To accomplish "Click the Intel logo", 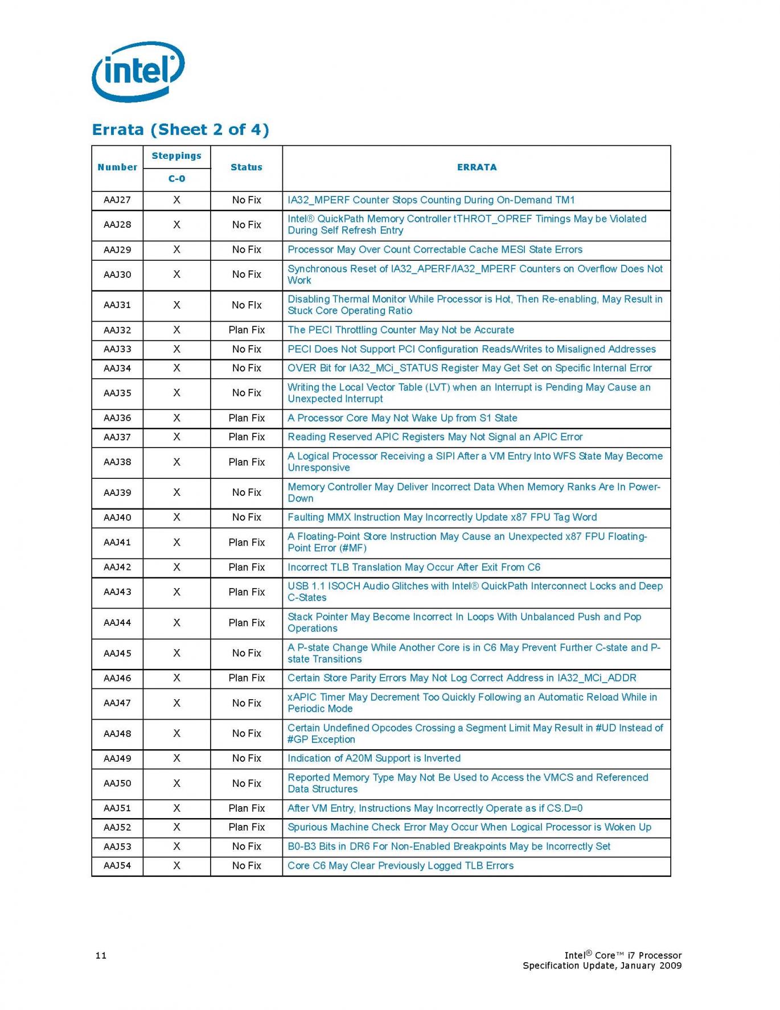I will click(138, 71).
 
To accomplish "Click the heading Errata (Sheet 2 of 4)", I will click(180, 130).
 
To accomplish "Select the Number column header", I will click(117, 167).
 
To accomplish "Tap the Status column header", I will click(247, 167).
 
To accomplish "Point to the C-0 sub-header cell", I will click(176, 179).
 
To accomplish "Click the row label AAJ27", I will click(117, 200).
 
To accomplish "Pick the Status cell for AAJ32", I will click(247, 330).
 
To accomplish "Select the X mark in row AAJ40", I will click(176, 518).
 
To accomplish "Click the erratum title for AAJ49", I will click(373, 758).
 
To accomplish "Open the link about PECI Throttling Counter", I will click(400, 330).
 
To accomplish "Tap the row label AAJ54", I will click(117, 866).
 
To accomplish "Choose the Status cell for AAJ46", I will click(247, 678).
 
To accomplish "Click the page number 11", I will click(101, 955).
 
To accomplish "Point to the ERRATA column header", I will click(477, 167).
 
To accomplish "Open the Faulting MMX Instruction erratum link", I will click(442, 518).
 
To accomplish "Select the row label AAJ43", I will click(117, 592).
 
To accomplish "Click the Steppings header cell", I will click(176, 156).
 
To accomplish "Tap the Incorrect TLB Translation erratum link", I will click(413, 568).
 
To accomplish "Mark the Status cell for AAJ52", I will click(247, 827).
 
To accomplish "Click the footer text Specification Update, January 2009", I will click(602, 966).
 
